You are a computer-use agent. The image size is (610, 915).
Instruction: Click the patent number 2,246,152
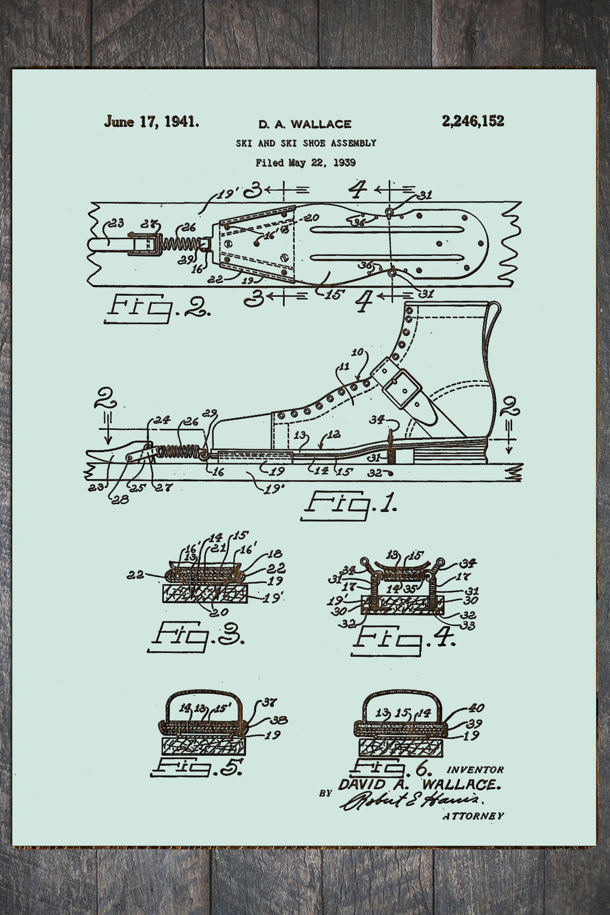pyautogui.click(x=473, y=121)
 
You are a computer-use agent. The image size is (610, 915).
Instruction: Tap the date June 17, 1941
pyautogui.click(x=151, y=121)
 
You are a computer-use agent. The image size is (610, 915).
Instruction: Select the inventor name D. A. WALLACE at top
pyautogui.click(x=304, y=124)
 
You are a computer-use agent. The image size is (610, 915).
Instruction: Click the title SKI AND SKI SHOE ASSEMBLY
pyautogui.click(x=306, y=143)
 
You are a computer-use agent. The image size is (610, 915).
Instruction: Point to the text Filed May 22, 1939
pyautogui.click(x=306, y=163)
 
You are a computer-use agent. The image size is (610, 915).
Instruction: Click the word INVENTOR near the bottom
pyautogui.click(x=475, y=770)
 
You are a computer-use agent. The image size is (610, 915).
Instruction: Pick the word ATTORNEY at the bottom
pyautogui.click(x=473, y=816)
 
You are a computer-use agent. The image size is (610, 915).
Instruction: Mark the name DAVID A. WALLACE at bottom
pyautogui.click(x=419, y=785)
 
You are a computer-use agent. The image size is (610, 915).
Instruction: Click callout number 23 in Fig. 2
pyautogui.click(x=116, y=223)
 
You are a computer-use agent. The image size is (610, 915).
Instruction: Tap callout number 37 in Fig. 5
pyautogui.click(x=269, y=703)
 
